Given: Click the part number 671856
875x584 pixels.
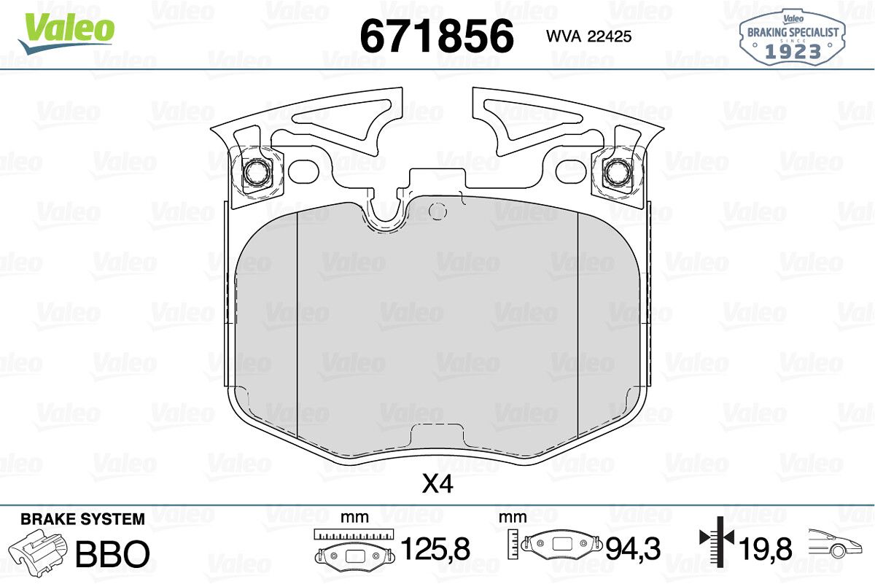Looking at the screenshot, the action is pos(437,36).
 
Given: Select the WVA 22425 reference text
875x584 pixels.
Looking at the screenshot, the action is pos(588,36).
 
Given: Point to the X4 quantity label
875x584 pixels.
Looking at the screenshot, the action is pos(437,485).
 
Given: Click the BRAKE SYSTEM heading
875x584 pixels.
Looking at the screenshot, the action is pos(83,519).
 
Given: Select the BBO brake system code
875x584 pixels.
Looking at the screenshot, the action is pos(112,553).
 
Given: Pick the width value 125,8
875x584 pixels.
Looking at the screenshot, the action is pos(435,548).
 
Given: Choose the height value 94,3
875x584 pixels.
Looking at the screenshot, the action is pos(633,548).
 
